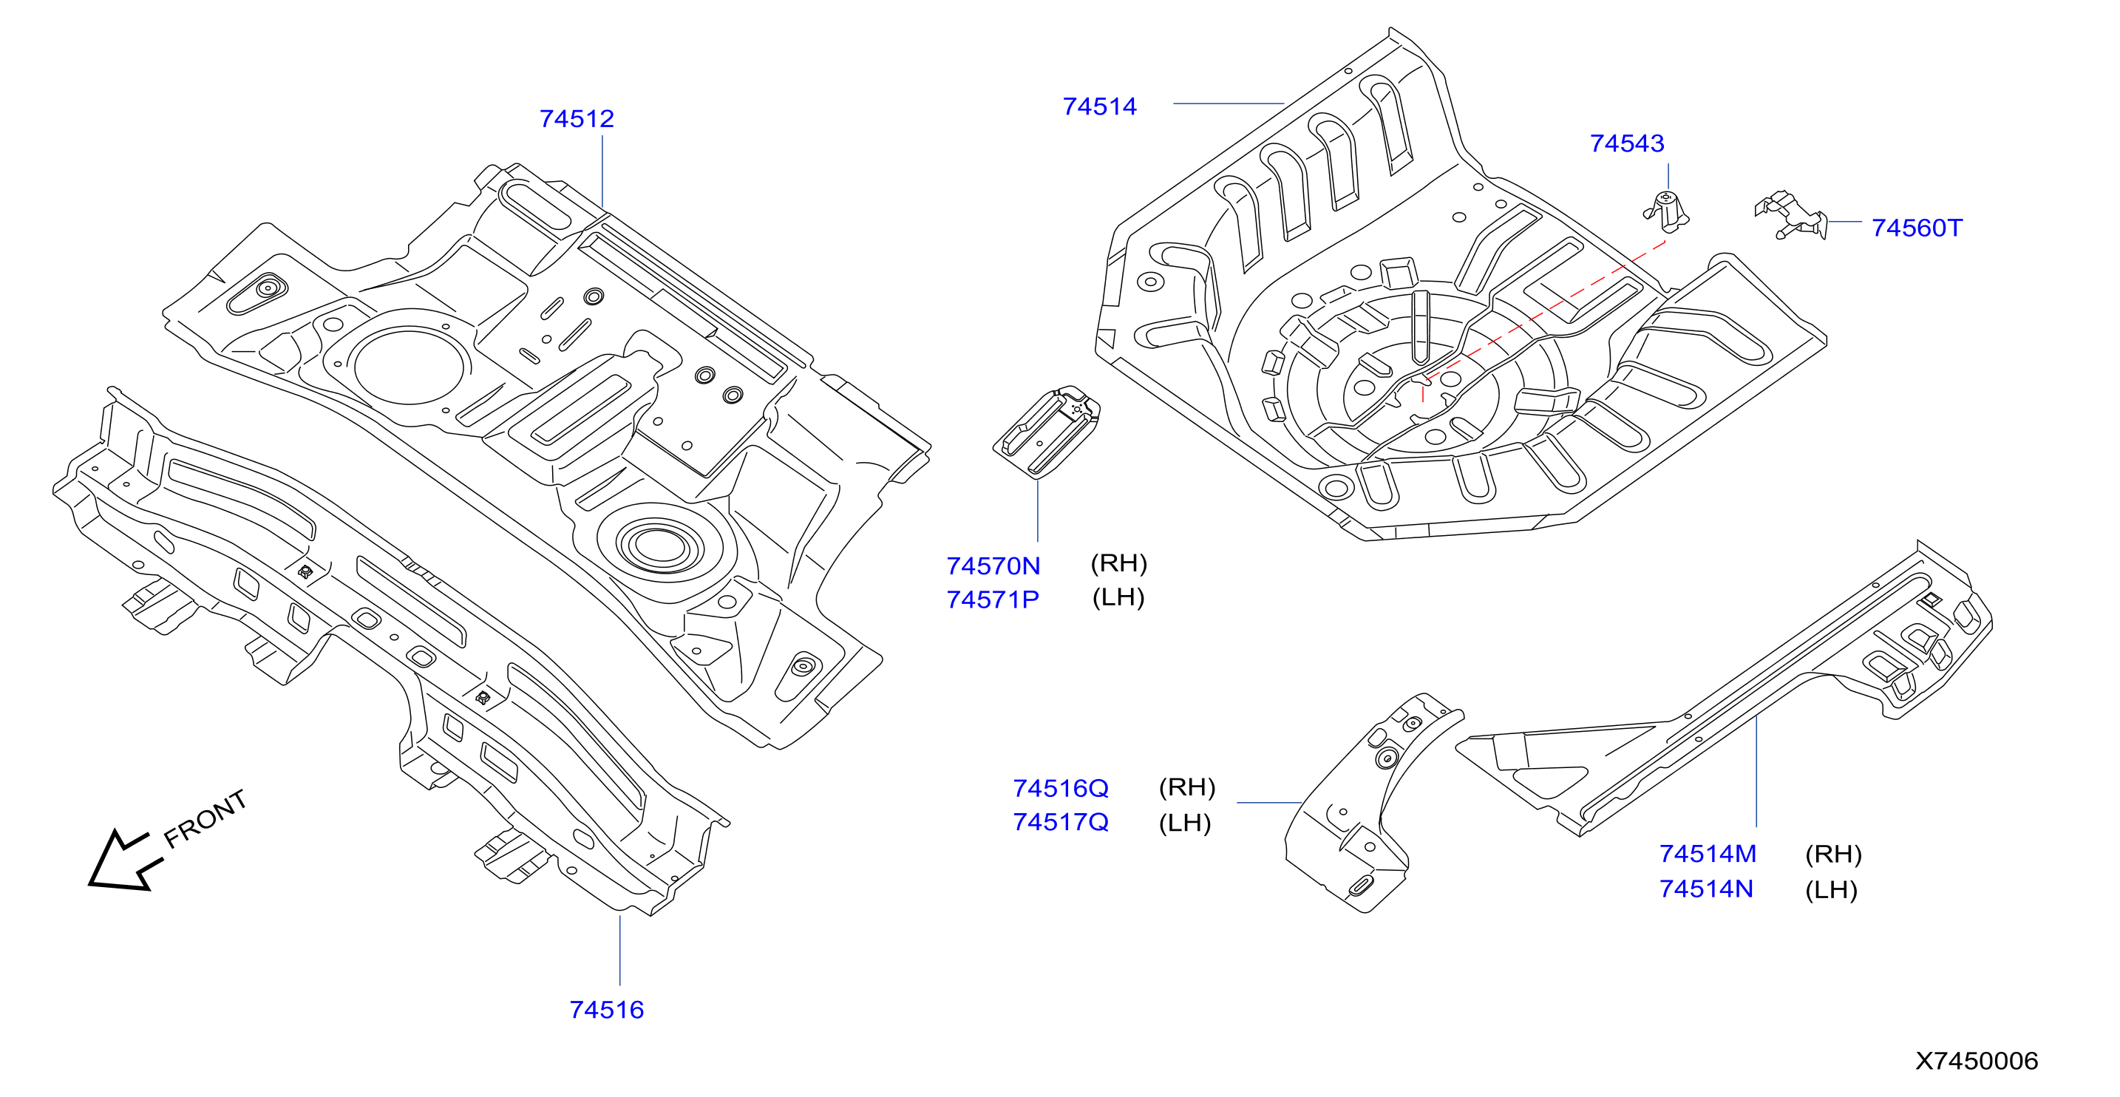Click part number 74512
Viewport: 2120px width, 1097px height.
(576, 118)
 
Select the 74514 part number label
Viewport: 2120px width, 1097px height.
(1099, 106)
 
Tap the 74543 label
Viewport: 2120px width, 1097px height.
(1627, 143)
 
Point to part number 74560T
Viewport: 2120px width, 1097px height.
(1917, 227)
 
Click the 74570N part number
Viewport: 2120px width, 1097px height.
(993, 566)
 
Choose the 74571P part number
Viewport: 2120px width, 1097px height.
(993, 599)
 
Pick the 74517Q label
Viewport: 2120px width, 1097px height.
(1061, 821)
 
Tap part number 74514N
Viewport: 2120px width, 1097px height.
(1706, 889)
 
